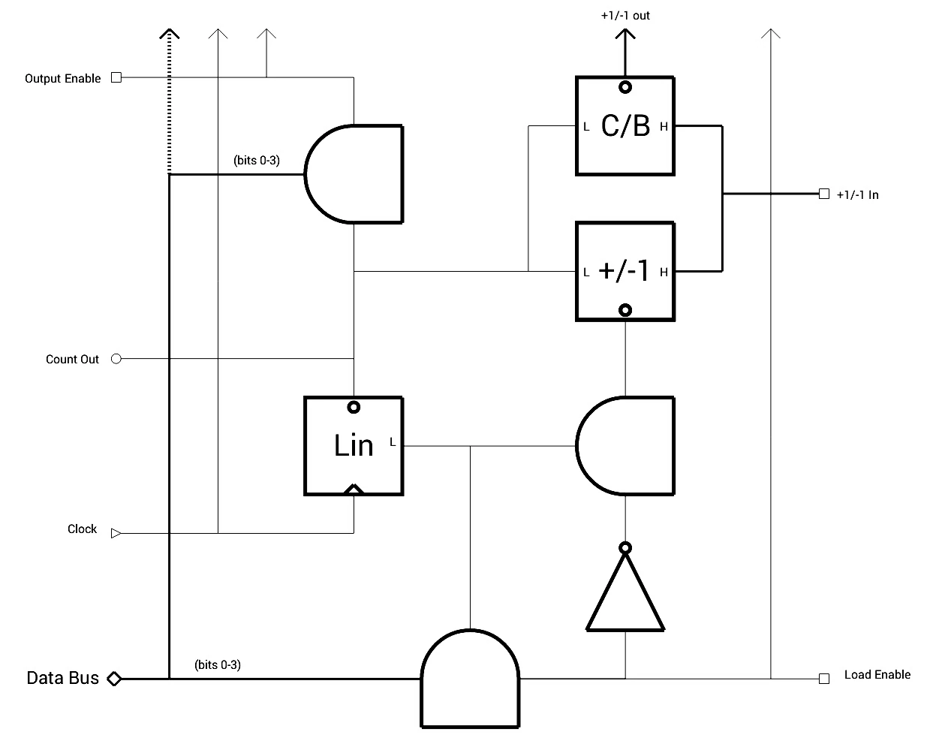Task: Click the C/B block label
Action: pos(625,126)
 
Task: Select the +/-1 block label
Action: pos(625,271)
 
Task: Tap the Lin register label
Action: pos(354,445)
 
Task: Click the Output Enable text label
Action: pos(62,78)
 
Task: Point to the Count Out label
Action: pos(72,359)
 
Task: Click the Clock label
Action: pos(82,529)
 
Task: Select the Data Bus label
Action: pos(62,678)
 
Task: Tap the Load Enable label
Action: pos(877,674)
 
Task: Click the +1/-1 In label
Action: pos(857,194)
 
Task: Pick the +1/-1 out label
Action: pos(625,15)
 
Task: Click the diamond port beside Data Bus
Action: pos(113,679)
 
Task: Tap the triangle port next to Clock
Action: pos(116,533)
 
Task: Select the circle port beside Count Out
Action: pos(116,359)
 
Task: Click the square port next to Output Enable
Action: pos(116,77)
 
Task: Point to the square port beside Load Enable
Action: pos(824,679)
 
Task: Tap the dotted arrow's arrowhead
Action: pos(170,34)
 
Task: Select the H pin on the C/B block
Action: pos(664,127)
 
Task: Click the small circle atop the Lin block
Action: pos(354,407)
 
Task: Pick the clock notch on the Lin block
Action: pos(354,489)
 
